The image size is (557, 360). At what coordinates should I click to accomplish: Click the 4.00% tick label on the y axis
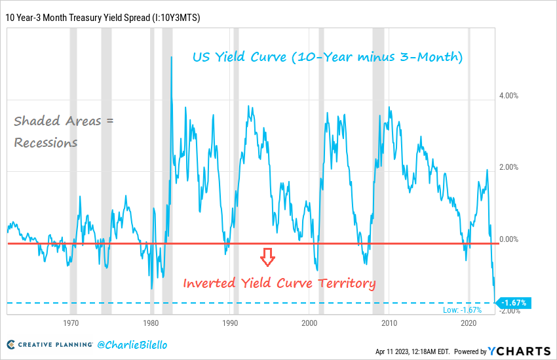[509, 96]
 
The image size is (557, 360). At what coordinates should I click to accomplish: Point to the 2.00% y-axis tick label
[509, 167]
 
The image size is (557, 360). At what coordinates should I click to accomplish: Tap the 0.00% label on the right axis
[509, 239]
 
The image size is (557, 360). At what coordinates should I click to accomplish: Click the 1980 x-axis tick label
[151, 324]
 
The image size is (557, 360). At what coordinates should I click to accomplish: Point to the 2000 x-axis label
[310, 324]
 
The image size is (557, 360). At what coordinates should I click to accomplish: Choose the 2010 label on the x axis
[389, 324]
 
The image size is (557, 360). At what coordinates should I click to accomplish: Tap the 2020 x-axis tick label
[469, 324]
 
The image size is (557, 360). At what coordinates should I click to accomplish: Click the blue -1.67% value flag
[514, 303]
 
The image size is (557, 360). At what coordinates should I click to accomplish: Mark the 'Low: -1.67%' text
[462, 310]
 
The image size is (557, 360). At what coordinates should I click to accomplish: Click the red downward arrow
[267, 257]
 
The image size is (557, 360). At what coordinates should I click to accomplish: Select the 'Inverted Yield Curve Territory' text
[279, 284]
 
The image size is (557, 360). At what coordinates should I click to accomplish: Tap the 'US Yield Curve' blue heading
[327, 58]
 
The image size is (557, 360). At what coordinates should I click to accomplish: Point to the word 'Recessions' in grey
[46, 142]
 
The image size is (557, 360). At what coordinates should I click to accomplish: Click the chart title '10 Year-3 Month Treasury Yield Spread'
[103, 18]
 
